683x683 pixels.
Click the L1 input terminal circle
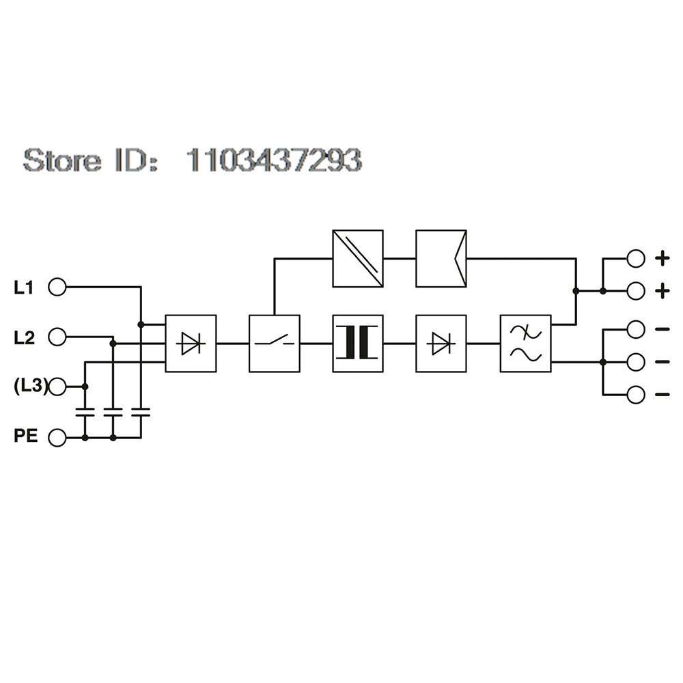57,288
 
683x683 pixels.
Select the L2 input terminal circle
57,337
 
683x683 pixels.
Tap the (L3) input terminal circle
57,387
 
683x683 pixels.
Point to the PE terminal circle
57,438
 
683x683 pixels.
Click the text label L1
23,288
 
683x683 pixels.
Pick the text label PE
26,436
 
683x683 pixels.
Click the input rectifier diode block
191,344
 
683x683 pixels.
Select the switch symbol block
275,344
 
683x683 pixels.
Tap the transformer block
358,344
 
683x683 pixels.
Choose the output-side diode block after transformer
441,344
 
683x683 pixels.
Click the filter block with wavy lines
526,344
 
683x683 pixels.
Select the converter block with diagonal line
358,259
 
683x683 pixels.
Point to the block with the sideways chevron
441,259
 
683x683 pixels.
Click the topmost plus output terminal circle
636,259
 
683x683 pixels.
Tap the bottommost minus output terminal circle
636,395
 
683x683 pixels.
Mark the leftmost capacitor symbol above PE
85,413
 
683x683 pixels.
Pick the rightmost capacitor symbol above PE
141,413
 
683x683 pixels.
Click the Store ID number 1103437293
274,160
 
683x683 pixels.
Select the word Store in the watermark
62,160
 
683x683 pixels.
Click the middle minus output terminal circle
636,362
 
